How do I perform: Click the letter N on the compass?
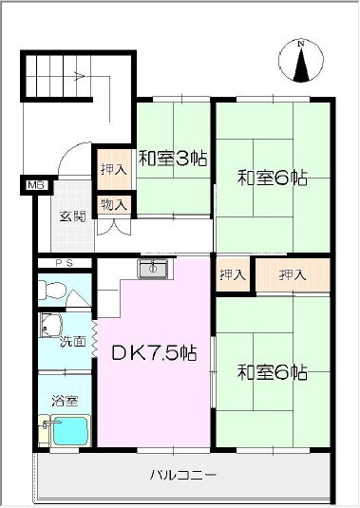(301, 44)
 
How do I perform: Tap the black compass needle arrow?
(301, 65)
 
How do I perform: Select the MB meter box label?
(37, 186)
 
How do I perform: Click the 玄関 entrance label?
(73, 216)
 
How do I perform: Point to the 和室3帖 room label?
(173, 159)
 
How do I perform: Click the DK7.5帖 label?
(154, 353)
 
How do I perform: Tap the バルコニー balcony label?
(182, 476)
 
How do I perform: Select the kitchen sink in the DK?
(153, 269)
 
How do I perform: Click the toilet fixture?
(52, 290)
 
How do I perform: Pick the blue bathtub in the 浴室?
(70, 431)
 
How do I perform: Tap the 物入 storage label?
(113, 205)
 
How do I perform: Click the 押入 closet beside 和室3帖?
(113, 169)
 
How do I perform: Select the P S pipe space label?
(65, 263)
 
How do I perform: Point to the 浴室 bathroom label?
(65, 401)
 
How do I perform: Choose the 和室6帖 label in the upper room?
(273, 178)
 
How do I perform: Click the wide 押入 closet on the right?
(293, 274)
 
